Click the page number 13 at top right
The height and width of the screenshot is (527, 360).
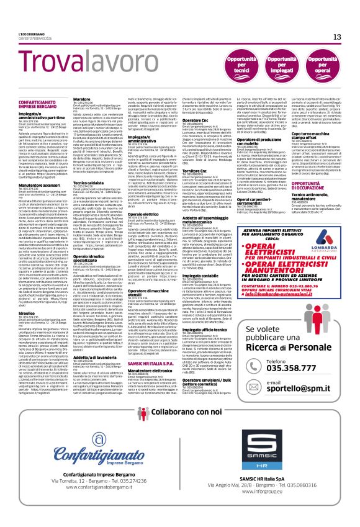tap(337, 37)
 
